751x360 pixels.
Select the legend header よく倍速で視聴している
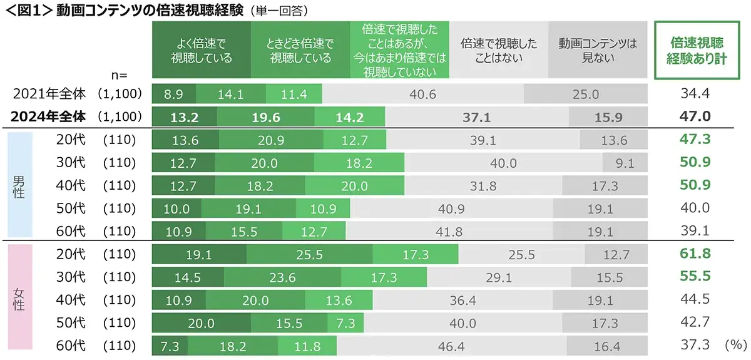(x=201, y=51)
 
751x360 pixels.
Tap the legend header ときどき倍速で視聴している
(x=300, y=51)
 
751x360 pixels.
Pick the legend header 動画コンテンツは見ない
(x=598, y=51)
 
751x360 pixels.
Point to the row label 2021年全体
(x=49, y=94)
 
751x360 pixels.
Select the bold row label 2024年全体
(x=49, y=116)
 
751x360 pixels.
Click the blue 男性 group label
(x=19, y=186)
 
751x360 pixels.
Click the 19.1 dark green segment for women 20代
(x=199, y=255)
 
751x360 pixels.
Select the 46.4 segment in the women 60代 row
(x=451, y=346)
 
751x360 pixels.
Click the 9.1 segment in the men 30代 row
(x=624, y=163)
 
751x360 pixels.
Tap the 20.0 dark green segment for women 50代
(x=201, y=323)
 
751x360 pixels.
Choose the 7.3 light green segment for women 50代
(x=345, y=323)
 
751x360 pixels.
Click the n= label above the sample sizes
(x=119, y=75)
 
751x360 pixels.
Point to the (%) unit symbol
(x=733, y=345)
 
